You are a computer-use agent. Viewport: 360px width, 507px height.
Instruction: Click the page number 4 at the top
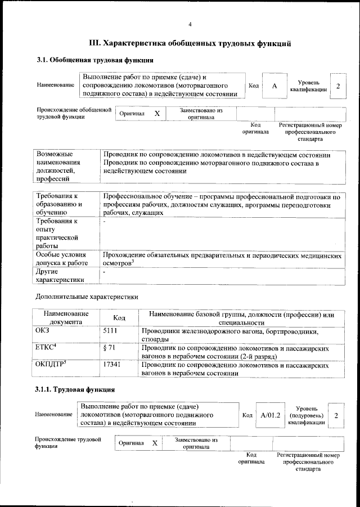click(x=190, y=24)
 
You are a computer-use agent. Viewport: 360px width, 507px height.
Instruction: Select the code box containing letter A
click(x=274, y=86)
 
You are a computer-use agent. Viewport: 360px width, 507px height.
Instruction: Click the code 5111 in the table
click(x=110, y=332)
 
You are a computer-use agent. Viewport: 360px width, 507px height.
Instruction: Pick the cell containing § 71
click(x=110, y=349)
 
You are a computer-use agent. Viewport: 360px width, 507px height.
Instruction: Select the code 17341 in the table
click(x=112, y=366)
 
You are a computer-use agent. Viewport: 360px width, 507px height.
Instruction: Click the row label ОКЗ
click(x=43, y=332)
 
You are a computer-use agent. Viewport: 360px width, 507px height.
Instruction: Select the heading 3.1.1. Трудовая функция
click(x=75, y=389)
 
